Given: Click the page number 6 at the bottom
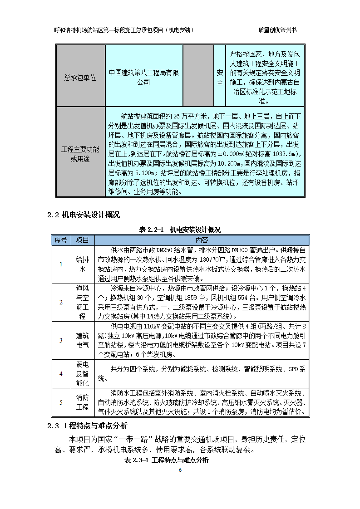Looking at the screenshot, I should pyautogui.click(x=180, y=470).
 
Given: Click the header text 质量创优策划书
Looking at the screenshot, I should pyautogui.click(x=277, y=30).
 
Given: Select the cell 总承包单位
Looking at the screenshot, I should pyautogui.click(x=80, y=78).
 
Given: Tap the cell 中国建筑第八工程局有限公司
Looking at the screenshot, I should pyautogui.click(x=144, y=78).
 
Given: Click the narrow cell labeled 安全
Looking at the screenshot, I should pyautogui.click(x=220, y=78).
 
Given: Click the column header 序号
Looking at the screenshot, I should pyautogui.click(x=60, y=240).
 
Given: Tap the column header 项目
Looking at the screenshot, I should pyautogui.click(x=82, y=240).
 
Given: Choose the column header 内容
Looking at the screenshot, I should pyautogui.click(x=202, y=240).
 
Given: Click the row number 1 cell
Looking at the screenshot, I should pyautogui.click(x=61, y=264).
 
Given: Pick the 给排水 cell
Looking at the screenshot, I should pyautogui.click(x=82, y=264).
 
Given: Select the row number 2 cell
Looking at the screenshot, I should pyautogui.click(x=61, y=303).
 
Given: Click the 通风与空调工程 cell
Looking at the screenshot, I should pyautogui.click(x=82, y=303).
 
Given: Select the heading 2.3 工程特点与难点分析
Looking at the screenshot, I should pyautogui.click(x=87, y=426).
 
